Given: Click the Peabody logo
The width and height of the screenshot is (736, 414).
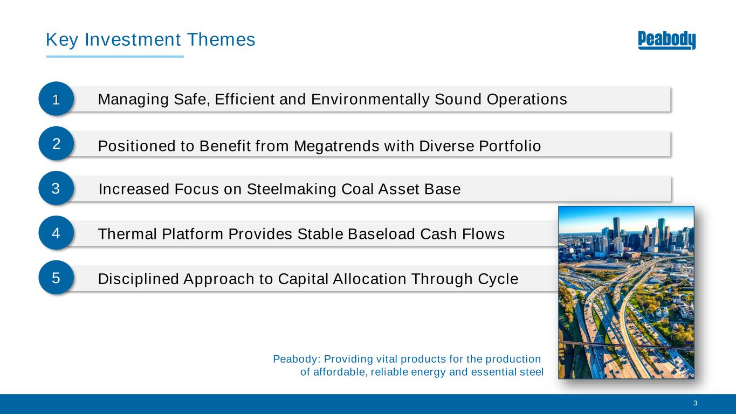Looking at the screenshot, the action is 666,40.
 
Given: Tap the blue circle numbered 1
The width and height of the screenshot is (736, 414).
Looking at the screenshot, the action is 56,99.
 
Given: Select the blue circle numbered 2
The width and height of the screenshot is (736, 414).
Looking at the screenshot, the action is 56,143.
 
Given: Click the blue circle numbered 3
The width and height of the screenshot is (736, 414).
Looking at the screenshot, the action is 56,188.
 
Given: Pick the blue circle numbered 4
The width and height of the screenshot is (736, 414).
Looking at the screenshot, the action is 56,233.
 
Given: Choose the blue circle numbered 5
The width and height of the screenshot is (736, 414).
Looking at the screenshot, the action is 56,277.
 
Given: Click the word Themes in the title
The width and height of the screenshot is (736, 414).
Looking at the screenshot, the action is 221,40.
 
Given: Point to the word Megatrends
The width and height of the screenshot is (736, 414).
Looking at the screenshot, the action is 336,147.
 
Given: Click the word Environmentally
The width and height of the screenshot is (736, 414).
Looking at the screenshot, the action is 370,100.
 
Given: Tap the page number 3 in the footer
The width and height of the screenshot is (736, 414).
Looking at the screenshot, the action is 695,403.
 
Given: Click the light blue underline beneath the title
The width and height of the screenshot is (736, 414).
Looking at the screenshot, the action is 115,57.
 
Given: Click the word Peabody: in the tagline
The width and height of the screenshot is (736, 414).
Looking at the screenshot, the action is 297,359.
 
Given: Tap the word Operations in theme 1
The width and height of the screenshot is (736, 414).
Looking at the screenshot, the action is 527,100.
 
